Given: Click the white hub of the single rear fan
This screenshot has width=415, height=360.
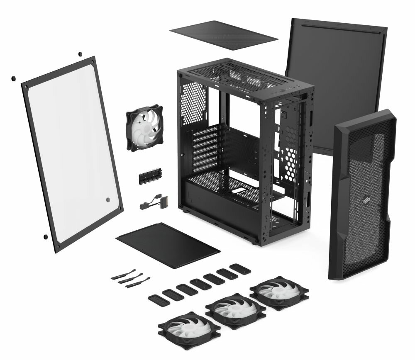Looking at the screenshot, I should pos(145,127).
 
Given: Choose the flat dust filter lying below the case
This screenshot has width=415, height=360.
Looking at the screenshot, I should pos(168,245).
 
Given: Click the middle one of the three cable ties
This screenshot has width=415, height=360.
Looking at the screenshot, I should pos(131,280).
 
